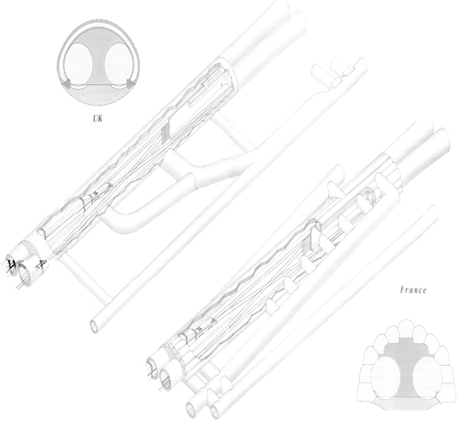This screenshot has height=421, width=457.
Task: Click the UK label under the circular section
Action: (98, 118)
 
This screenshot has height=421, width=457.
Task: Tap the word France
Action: (413, 290)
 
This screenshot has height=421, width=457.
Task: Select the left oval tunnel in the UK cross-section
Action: (79, 63)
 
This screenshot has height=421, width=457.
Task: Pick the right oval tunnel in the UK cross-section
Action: (119, 63)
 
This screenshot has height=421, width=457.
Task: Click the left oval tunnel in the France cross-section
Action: (385, 376)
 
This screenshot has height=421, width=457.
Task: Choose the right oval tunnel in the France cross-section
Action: (427, 376)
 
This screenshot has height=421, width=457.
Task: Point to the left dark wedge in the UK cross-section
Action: (66, 83)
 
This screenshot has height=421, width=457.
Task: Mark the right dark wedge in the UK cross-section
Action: (132, 83)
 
